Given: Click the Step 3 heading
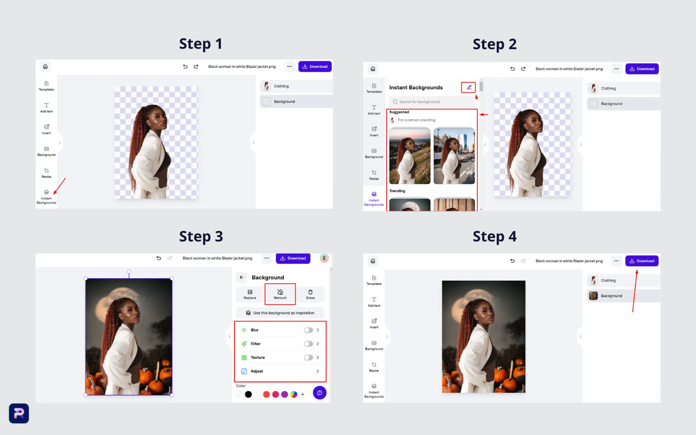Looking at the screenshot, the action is [201, 236].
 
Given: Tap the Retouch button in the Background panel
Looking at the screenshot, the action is [280, 294].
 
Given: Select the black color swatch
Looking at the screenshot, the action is [248, 394].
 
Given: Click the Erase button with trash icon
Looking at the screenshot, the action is [310, 294].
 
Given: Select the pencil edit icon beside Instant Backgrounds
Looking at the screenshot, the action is [468, 87].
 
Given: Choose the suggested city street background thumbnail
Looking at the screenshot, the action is [454, 156].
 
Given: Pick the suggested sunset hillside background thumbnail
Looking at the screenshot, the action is [410, 156].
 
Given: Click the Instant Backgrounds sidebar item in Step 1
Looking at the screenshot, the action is [46, 197].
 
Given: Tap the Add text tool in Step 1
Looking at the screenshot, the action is [46, 108].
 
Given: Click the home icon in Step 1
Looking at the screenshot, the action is [45, 67].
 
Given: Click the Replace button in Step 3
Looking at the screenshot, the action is [250, 294].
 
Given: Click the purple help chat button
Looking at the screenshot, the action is [320, 393].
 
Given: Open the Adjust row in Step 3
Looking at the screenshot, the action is [280, 371].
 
